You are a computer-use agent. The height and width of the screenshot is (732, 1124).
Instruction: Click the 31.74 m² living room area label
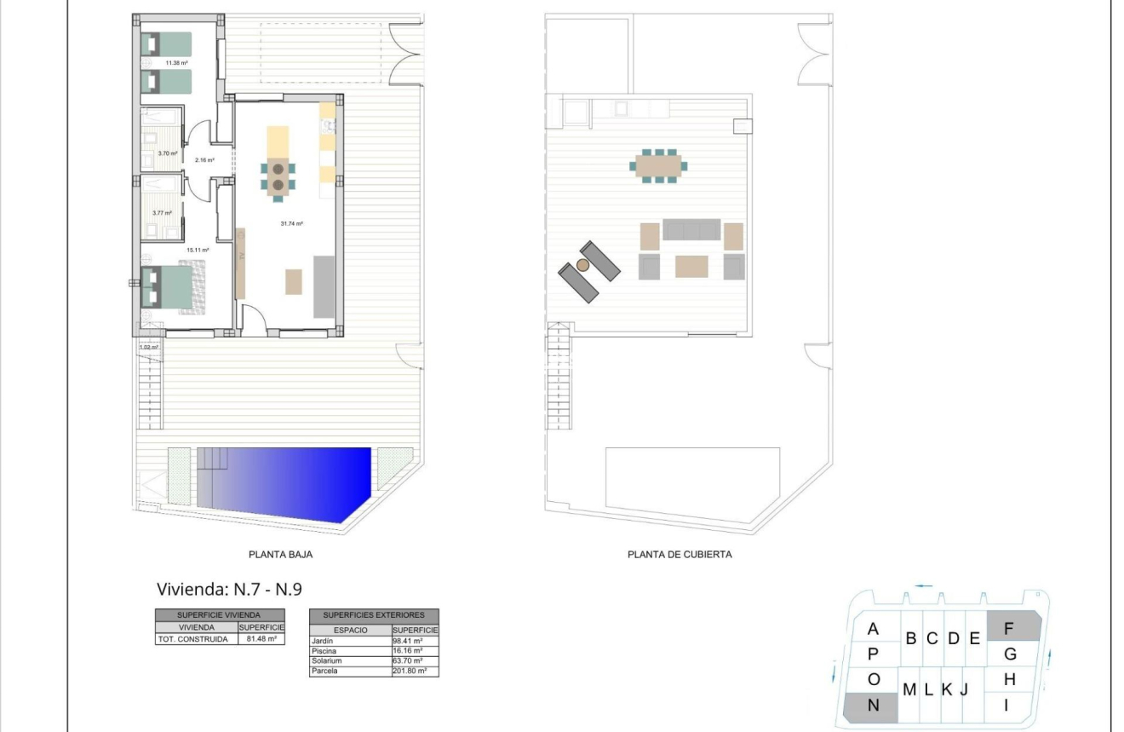(292, 223)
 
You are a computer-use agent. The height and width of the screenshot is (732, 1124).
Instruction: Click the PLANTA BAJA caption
(281, 554)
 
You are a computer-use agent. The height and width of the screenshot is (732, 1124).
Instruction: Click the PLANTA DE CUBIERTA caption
(680, 554)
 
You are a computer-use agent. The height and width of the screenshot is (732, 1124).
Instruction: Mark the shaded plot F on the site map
(1012, 628)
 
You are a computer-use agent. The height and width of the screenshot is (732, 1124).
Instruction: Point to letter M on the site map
(909, 689)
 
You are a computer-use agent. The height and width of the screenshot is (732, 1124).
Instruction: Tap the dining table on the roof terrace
(659, 164)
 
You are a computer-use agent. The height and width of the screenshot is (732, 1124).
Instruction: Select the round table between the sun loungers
(582, 266)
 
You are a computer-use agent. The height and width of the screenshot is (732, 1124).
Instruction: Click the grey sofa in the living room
(324, 285)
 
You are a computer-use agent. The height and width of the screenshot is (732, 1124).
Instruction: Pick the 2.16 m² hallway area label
(204, 160)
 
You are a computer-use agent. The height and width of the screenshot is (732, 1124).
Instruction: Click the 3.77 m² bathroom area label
(162, 213)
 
